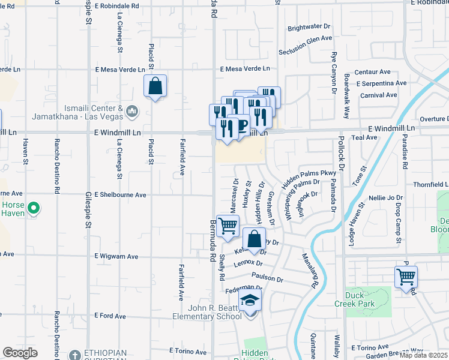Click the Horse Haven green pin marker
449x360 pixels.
pyautogui.click(x=34, y=209)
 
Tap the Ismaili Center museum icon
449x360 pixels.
pyautogui.click(x=133, y=111)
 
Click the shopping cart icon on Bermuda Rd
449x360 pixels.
pyautogui.click(x=228, y=227)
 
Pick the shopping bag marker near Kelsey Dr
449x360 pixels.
pyautogui.click(x=255, y=238)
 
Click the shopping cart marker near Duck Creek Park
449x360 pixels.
pyautogui.click(x=406, y=277)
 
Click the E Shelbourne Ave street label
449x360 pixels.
pyautogui.click(x=121, y=195)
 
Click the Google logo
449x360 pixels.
pyautogui.click(x=20, y=353)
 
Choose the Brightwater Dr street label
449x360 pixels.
pyautogui.click(x=309, y=27)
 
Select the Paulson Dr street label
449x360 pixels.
pyautogui.click(x=267, y=278)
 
